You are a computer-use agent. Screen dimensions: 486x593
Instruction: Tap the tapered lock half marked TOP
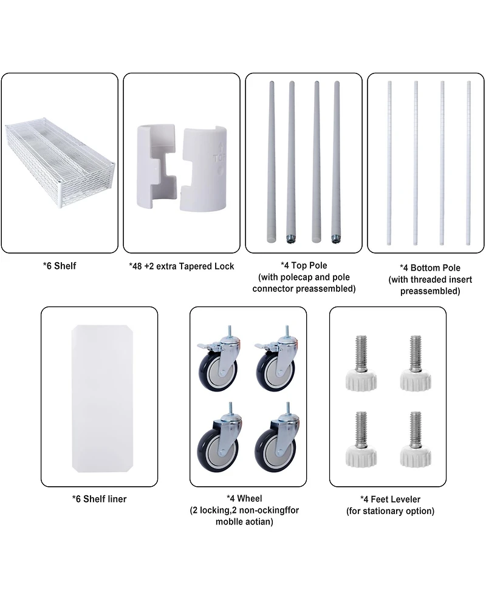click(x=204, y=169)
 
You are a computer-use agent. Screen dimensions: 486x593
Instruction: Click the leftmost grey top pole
click(x=272, y=161)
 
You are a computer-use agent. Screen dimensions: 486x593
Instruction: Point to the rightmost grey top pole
click(x=336, y=162)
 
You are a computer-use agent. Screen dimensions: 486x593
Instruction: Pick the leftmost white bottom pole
click(x=389, y=163)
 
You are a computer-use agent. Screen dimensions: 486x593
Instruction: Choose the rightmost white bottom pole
click(x=468, y=163)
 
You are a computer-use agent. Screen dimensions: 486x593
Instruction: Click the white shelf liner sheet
click(x=102, y=398)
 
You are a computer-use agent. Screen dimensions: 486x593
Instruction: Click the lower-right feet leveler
click(x=416, y=439)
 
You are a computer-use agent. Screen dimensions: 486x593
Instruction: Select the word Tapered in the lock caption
click(x=196, y=266)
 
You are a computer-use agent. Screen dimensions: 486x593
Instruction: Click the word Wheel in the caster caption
click(x=250, y=498)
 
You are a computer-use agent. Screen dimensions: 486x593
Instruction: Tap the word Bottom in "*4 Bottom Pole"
click(x=426, y=268)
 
